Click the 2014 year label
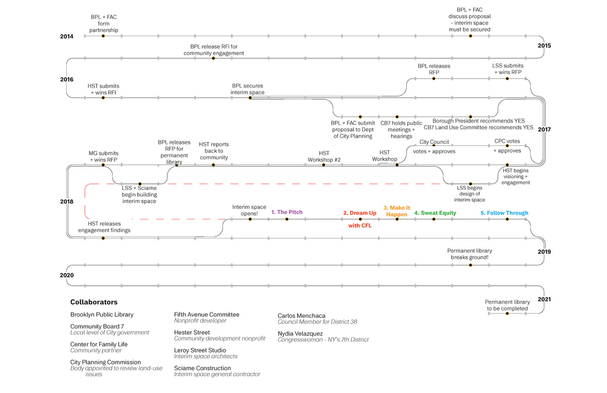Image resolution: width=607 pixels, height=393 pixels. point(66,36)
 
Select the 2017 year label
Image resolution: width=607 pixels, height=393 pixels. point(544,129)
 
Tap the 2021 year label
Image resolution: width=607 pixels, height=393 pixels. point(544,299)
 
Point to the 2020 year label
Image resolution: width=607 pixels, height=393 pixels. point(66,276)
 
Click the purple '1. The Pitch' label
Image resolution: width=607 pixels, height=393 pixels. point(287,212)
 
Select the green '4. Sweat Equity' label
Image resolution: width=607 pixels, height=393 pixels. point(435,213)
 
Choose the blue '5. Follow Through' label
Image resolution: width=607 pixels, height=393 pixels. point(504,213)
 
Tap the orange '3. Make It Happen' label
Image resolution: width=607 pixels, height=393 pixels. point(397,211)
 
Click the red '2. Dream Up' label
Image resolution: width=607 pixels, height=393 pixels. point(360,213)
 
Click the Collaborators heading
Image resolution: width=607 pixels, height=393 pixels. point(94,302)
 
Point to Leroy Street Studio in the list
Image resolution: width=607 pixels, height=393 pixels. point(200,350)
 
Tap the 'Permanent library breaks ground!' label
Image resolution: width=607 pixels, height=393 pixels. point(469,254)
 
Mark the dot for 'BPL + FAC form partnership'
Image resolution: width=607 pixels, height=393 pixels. point(103,36)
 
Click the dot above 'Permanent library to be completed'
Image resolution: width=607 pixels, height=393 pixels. point(507,314)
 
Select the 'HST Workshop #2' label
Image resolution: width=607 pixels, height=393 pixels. point(324,156)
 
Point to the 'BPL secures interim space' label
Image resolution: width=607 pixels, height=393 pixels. point(248,89)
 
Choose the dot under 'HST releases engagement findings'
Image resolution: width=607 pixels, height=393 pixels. point(103,238)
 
